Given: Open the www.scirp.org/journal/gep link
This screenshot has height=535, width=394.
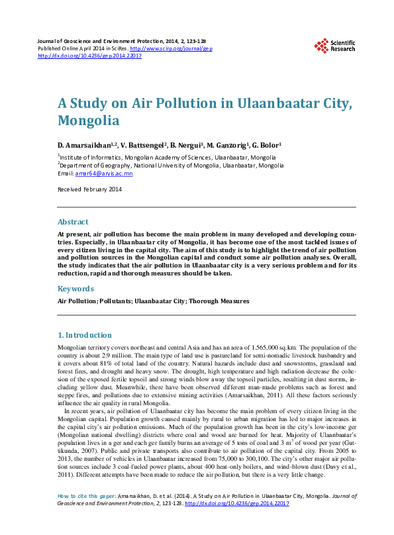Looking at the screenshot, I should point(172,49).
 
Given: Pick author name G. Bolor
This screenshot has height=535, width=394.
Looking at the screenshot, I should point(266,144).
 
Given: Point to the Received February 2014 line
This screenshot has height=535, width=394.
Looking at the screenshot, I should point(90,189).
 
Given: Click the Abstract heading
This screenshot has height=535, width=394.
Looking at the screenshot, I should point(73,222).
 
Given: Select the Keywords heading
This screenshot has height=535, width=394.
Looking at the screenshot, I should point(75,289).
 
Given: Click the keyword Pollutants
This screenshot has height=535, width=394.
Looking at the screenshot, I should point(116,301).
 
